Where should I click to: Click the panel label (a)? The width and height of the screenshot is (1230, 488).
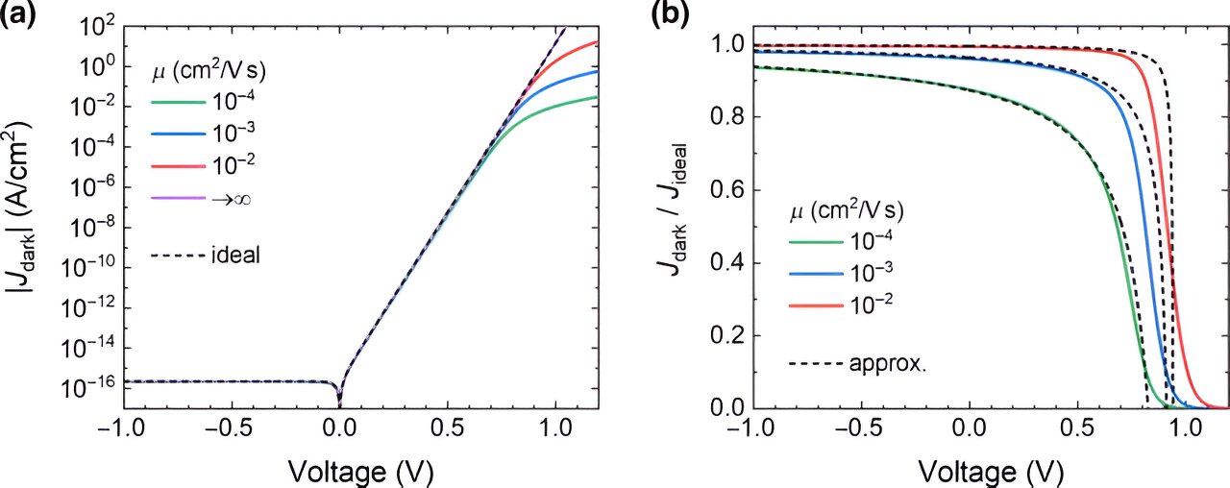click(18, 14)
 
